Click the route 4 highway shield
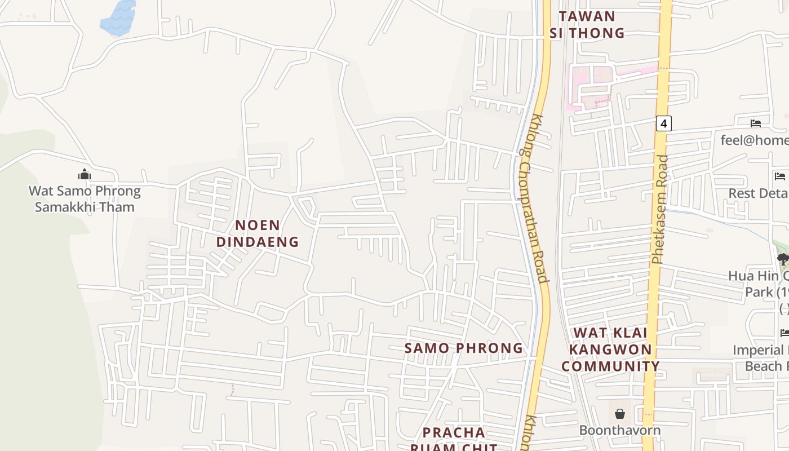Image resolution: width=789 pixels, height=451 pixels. (x=664, y=123)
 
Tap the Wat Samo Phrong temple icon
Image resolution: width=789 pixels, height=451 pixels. (x=85, y=174)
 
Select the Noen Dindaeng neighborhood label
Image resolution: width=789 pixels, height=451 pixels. (x=258, y=233)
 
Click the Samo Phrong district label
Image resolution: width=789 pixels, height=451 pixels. (x=464, y=348)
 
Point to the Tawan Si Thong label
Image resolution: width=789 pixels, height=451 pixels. (x=587, y=24)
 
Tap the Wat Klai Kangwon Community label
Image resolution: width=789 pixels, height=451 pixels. (x=610, y=349)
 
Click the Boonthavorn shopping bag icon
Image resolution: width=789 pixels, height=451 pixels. (x=620, y=414)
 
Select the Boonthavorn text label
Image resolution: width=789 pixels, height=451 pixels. (x=620, y=430)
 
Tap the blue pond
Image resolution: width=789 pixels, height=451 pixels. (x=119, y=18)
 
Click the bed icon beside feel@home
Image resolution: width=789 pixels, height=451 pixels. (x=756, y=123)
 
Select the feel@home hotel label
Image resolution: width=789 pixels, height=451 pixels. (x=755, y=140)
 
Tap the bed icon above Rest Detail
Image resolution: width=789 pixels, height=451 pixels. (x=780, y=176)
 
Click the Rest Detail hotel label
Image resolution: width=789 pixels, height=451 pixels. (x=759, y=193)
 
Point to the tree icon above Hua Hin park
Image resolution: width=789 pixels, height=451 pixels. (x=782, y=259)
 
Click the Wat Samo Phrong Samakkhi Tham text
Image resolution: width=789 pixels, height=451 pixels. (x=85, y=198)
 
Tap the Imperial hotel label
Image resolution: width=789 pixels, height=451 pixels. (x=761, y=358)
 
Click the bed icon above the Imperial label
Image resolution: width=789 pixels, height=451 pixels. (x=784, y=333)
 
